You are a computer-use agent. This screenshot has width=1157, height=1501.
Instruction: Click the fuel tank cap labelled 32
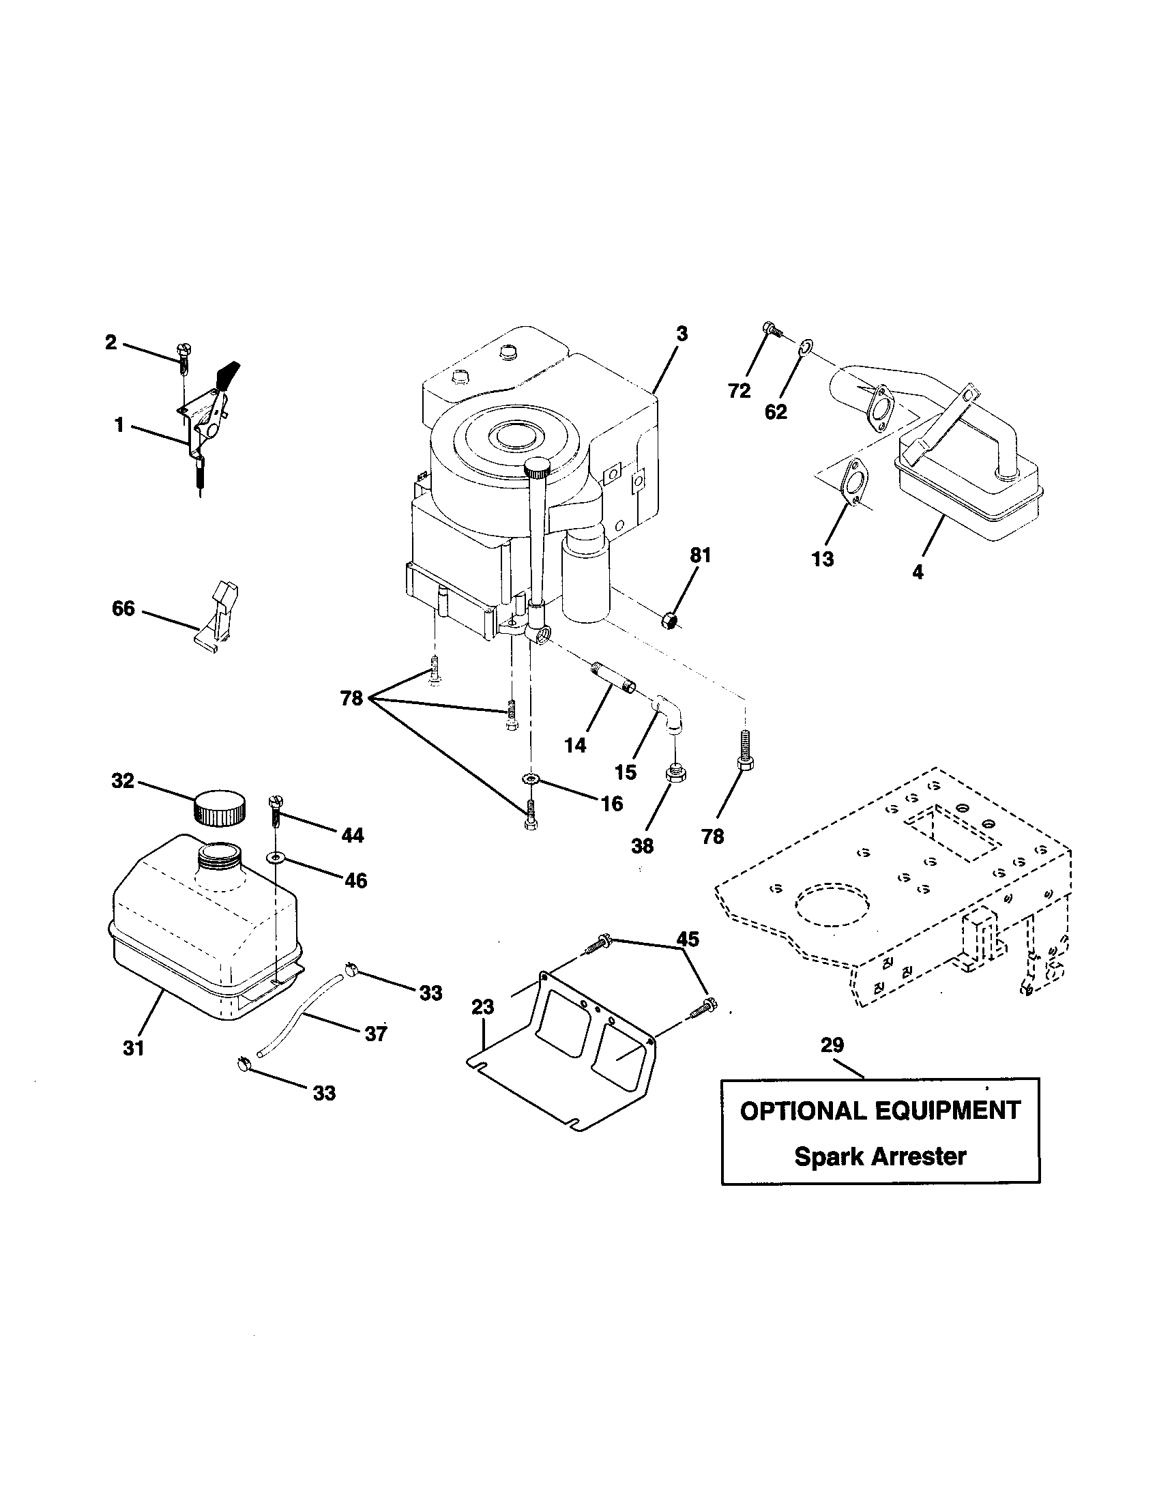(x=219, y=809)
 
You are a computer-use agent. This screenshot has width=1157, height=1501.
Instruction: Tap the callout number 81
(x=700, y=555)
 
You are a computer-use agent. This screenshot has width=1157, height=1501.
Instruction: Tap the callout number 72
(x=739, y=391)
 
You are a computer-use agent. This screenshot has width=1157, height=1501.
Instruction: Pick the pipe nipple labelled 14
(x=613, y=677)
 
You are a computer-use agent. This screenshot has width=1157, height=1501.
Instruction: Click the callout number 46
(x=356, y=880)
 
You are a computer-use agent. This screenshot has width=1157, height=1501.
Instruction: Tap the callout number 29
(x=832, y=1045)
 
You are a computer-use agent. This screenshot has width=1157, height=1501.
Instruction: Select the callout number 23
(x=483, y=1008)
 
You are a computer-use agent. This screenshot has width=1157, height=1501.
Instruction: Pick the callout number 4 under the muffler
(x=918, y=572)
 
